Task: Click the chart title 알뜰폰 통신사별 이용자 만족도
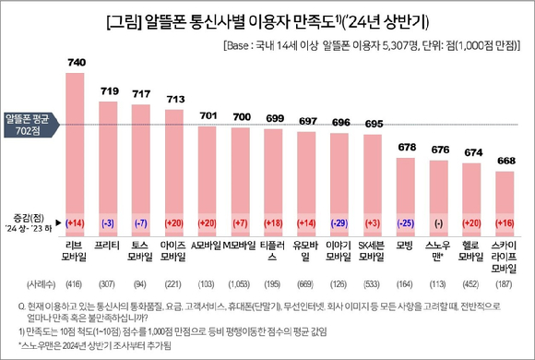tap(267, 19)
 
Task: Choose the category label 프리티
tap(109, 246)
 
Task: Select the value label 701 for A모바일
tap(208, 115)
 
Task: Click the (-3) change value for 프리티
tap(109, 224)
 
